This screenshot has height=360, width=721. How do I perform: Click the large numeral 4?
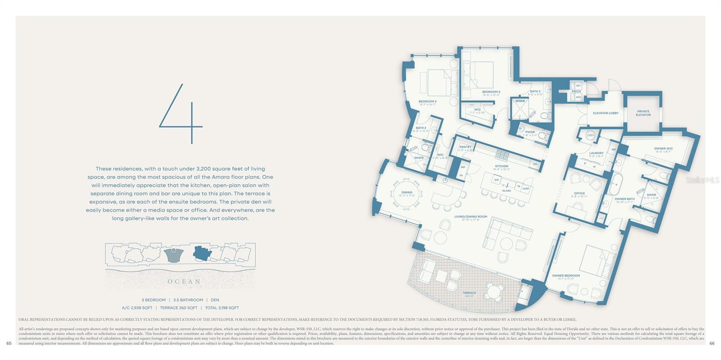181,114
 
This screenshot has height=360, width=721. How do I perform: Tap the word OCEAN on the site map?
184,282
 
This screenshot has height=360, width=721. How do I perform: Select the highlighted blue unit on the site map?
202,254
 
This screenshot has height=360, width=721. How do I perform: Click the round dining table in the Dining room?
406,193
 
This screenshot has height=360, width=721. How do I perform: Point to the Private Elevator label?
643,113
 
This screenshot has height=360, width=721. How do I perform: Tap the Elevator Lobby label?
606,113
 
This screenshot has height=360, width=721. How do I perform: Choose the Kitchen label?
502,166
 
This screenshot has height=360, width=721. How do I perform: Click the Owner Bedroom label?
566,276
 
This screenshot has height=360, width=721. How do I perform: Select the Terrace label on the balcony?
469,293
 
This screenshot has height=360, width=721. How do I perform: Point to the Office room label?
580,194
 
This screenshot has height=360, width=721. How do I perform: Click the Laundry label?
596,153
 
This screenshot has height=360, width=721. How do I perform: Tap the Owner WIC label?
663,149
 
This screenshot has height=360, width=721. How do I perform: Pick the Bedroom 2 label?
427,102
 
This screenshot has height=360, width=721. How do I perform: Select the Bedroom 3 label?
491,92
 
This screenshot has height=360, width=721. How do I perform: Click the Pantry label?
465,147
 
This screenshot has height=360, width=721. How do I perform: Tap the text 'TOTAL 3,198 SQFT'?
222,308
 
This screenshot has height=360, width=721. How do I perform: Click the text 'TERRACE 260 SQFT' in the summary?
179,308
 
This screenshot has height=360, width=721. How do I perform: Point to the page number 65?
9,343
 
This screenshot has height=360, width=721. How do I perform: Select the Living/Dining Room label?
470,217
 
